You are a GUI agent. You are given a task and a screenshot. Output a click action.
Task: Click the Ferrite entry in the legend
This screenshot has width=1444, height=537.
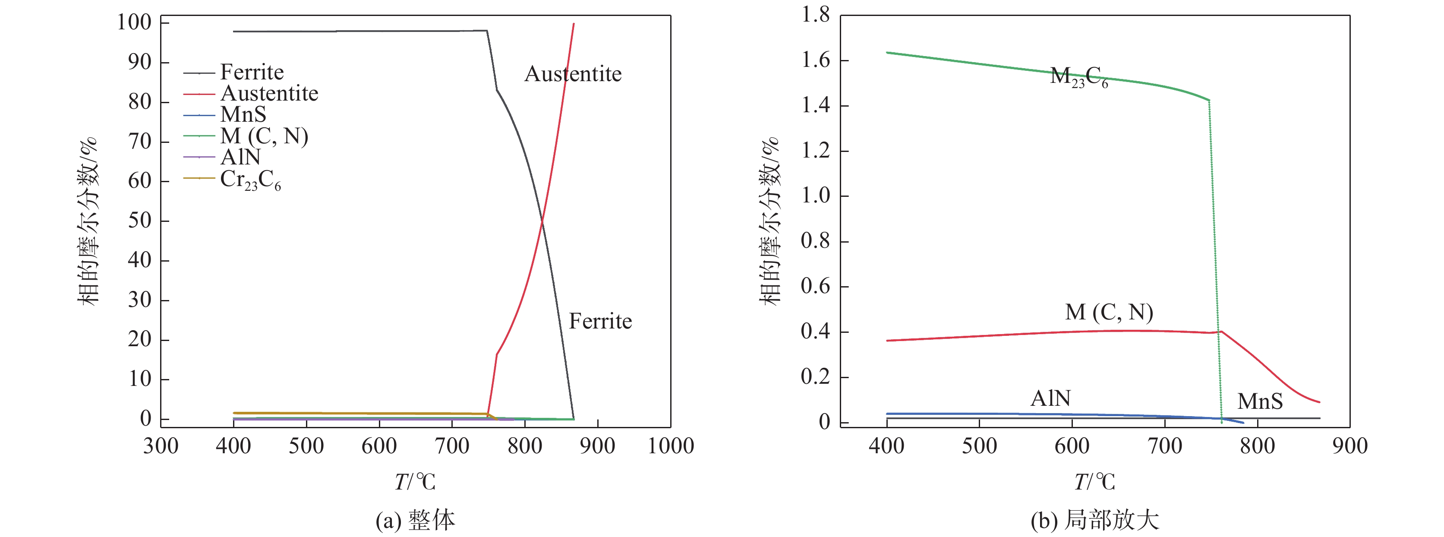(x=252, y=73)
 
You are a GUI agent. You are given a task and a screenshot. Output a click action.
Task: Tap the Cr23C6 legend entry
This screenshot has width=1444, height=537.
(x=250, y=180)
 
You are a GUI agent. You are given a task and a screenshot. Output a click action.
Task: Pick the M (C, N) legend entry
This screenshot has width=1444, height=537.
(x=264, y=136)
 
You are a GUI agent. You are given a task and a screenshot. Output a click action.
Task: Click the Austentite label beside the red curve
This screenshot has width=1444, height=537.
(x=573, y=74)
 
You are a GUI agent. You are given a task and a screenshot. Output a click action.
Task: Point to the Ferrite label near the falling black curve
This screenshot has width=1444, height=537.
(x=600, y=321)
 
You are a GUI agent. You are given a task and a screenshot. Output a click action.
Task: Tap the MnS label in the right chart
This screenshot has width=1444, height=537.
(x=1260, y=401)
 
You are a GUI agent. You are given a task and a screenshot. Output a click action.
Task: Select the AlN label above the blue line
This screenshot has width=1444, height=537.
(x=1050, y=398)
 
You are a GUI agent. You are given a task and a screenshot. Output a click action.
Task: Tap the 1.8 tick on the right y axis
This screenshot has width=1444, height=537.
(x=816, y=15)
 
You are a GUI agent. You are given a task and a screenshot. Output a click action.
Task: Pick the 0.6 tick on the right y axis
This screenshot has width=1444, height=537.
(x=816, y=287)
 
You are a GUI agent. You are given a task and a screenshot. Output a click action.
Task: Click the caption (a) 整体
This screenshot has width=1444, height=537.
(x=415, y=520)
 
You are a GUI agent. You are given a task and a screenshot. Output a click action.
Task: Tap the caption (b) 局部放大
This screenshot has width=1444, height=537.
(x=1094, y=520)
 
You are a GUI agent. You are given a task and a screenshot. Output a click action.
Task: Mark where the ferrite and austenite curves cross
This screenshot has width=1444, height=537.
(x=542, y=223)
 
